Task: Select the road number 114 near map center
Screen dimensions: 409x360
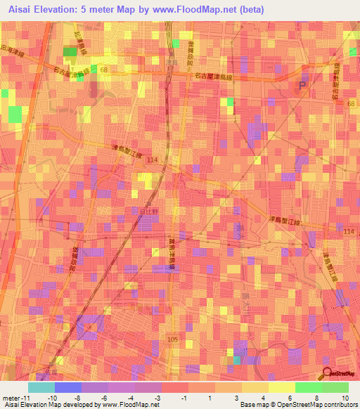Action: pos(153,161)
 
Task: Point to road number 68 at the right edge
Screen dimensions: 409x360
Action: pos(351,104)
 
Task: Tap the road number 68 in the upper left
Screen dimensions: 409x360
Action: pos(104,70)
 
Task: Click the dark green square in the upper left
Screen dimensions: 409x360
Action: pos(70,51)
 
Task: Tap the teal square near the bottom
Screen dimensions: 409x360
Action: pos(237,361)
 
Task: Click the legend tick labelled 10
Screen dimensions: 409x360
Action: pos(344,397)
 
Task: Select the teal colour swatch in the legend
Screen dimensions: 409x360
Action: pos(41,387)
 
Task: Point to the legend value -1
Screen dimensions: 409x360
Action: pos(183,397)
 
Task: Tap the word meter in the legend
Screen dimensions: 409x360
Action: pos(11,397)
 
